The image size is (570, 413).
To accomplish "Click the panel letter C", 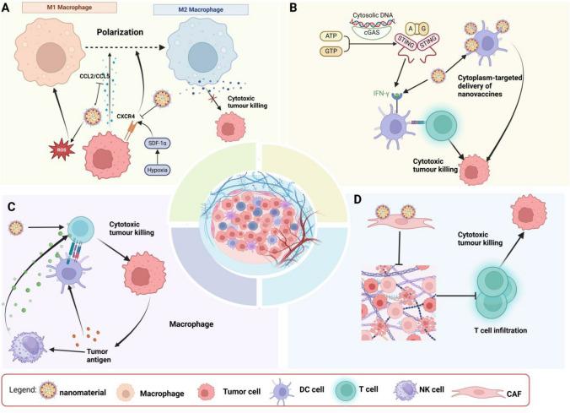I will coord(9,208).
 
